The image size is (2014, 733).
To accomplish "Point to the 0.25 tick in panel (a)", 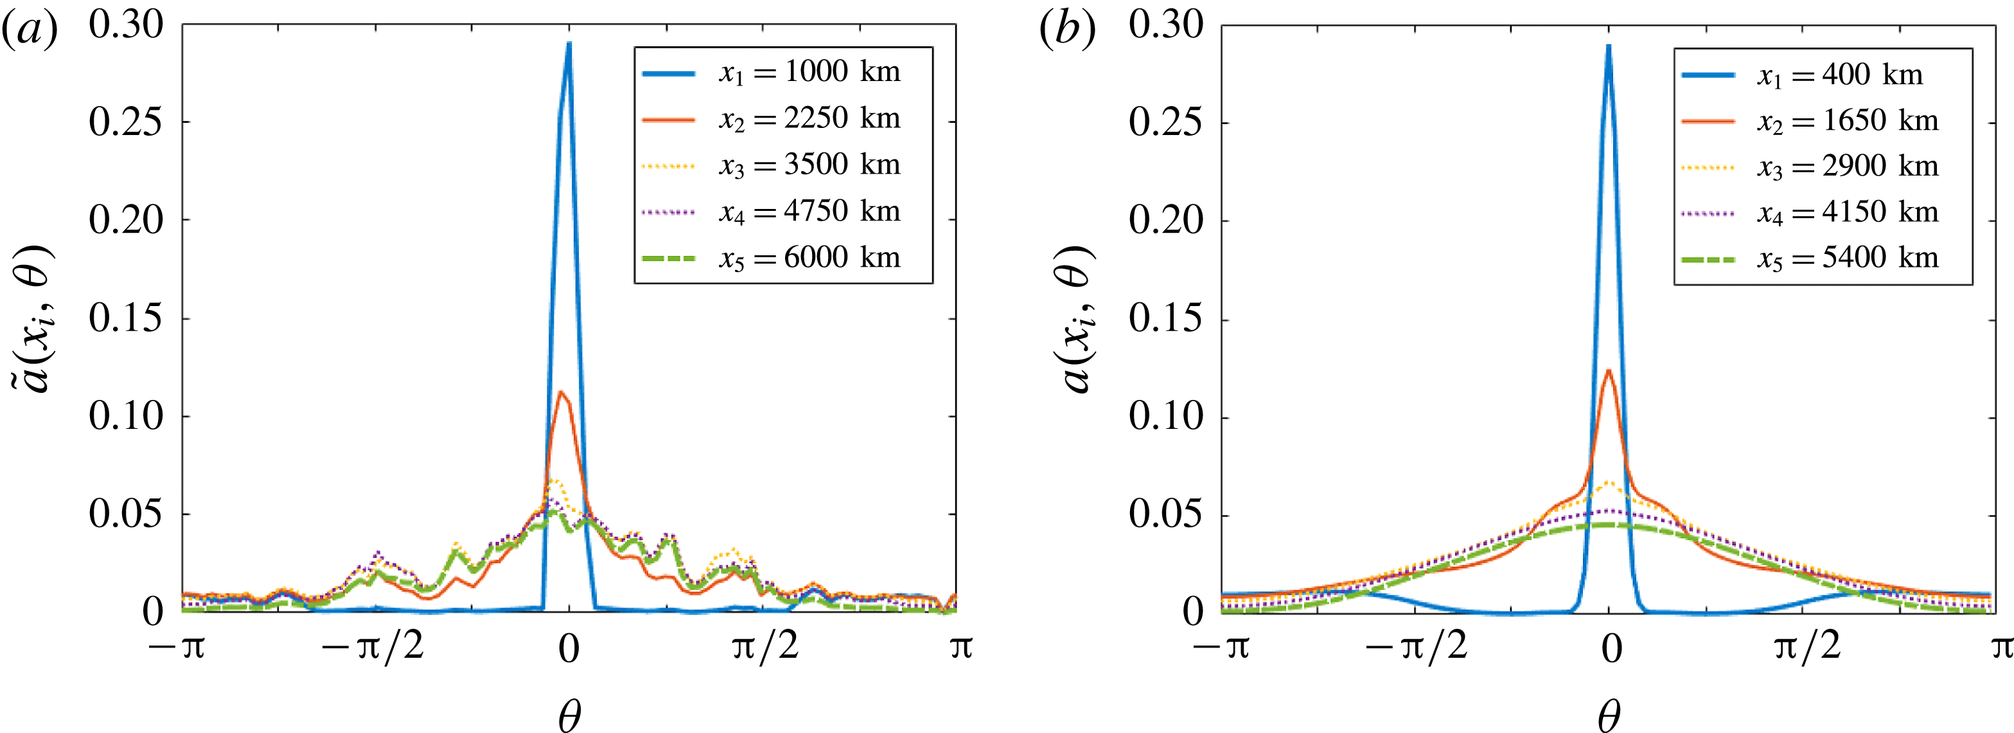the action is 125,122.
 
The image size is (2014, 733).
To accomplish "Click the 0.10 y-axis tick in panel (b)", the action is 1165,416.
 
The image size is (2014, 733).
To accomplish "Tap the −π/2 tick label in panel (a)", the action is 373,647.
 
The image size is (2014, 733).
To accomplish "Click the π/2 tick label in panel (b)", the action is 1808,647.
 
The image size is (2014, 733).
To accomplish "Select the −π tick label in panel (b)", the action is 1221,647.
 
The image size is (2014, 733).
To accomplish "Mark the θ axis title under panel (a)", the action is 569,714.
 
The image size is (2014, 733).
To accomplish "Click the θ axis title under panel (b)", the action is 1608,714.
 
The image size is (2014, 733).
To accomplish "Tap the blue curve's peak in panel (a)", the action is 569,43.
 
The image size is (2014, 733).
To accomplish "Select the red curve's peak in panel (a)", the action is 561,391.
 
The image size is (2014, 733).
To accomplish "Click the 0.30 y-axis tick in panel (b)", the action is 1165,25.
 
